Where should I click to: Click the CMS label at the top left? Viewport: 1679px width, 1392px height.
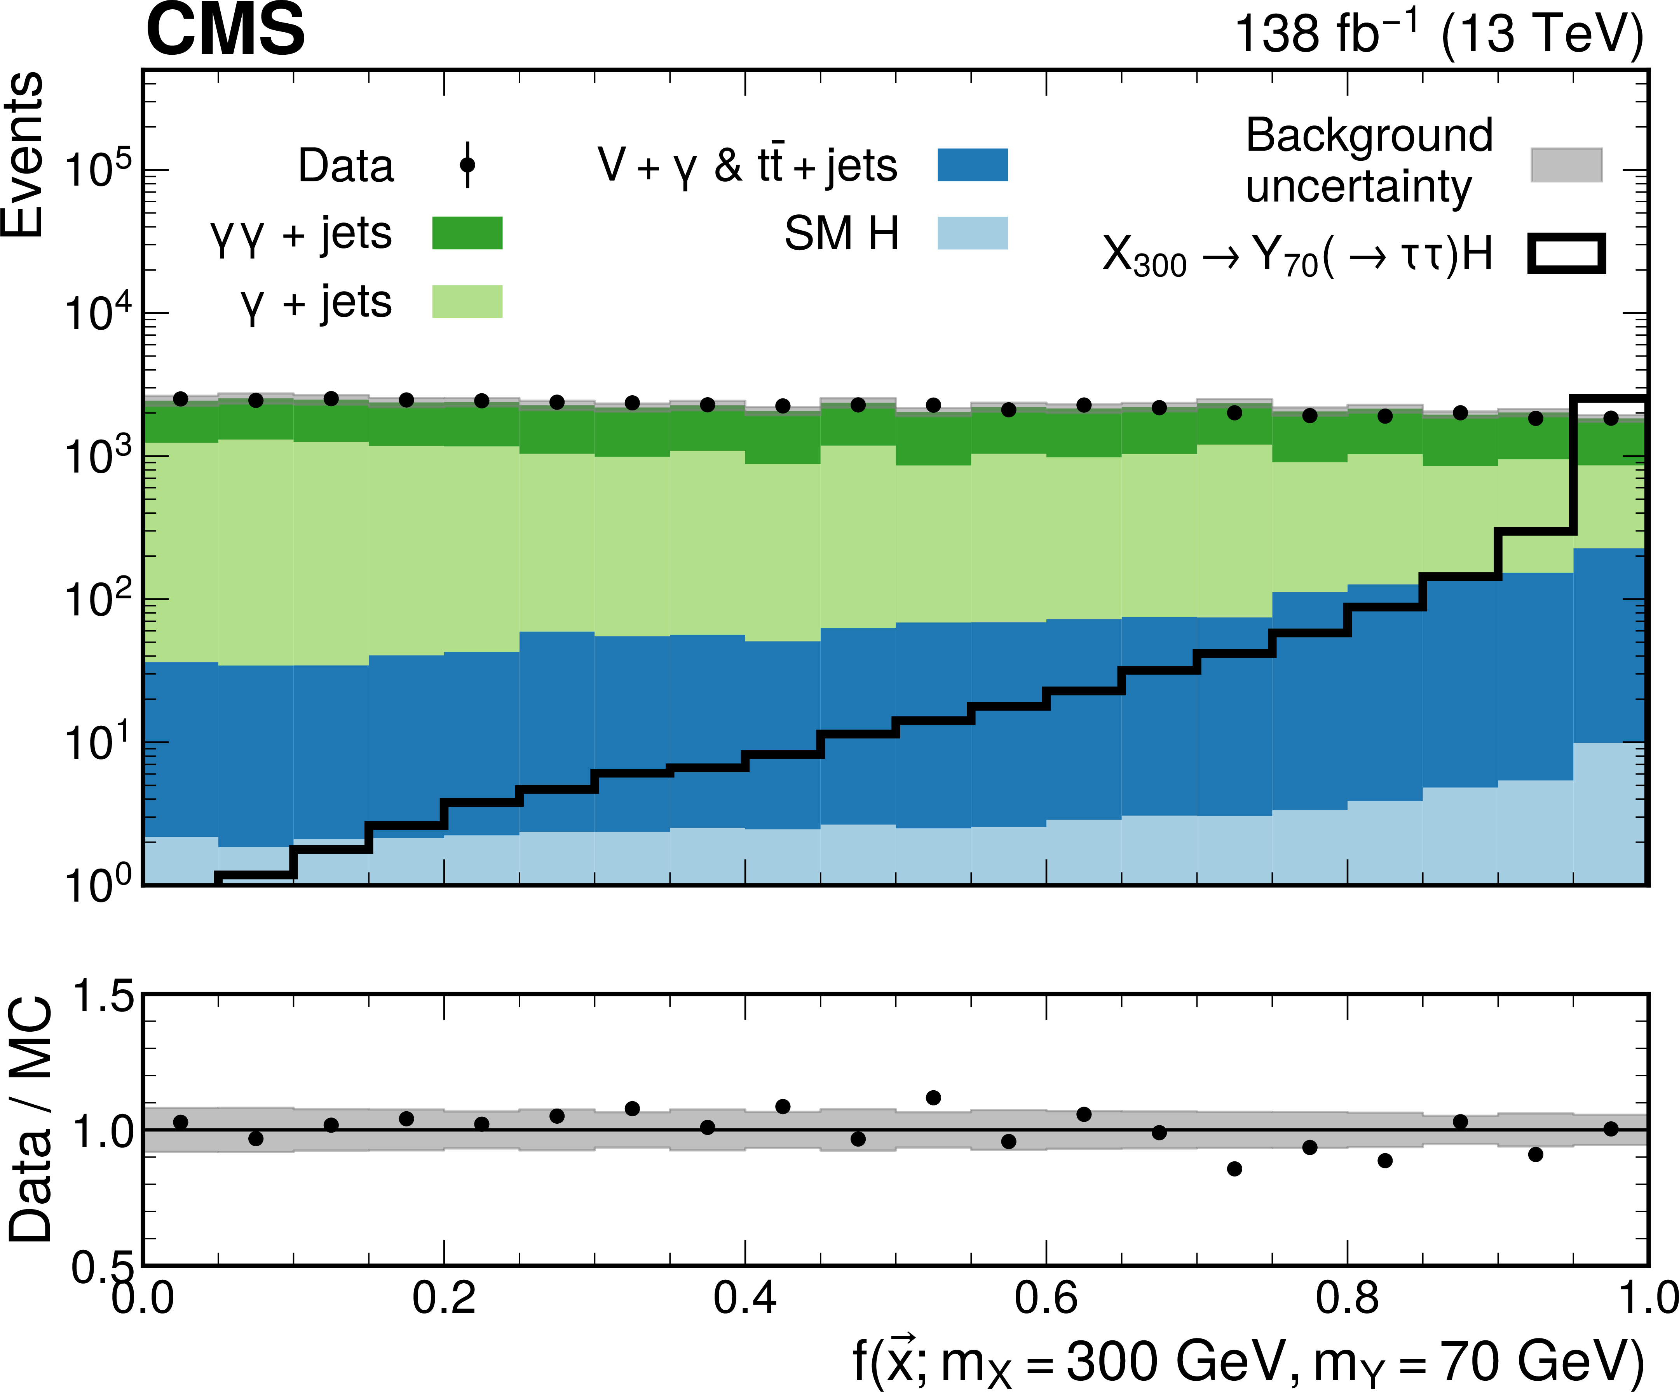click(x=225, y=30)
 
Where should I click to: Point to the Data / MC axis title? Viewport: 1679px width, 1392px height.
click(x=30, y=1119)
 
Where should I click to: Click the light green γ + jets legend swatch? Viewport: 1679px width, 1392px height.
click(x=467, y=301)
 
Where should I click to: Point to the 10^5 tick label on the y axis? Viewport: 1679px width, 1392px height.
click(x=98, y=170)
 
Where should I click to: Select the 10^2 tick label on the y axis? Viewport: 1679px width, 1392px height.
click(x=98, y=600)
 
